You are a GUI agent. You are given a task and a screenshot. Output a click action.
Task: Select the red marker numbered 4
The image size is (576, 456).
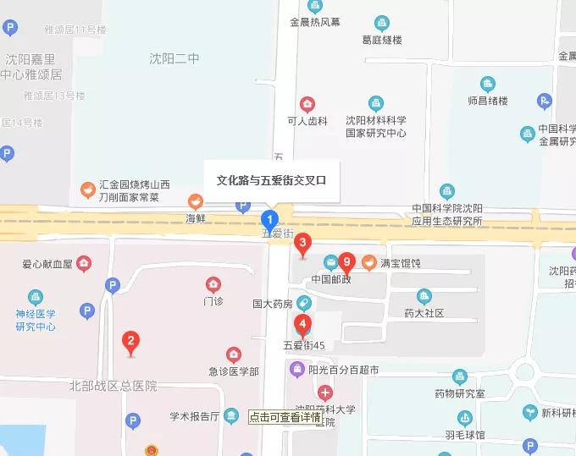[x=302, y=323]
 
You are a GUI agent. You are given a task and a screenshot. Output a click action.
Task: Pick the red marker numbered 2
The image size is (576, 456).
[x=130, y=342]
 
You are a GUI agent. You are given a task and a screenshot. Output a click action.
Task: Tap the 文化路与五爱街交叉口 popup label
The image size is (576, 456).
[x=271, y=180]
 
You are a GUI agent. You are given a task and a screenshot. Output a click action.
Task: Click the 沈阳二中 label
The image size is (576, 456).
[x=174, y=58]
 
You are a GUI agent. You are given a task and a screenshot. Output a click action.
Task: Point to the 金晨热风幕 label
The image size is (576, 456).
[x=315, y=23]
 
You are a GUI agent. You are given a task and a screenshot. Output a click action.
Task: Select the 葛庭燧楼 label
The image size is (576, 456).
[x=382, y=40]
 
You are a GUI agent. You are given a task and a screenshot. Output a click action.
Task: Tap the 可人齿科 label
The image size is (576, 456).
[x=307, y=121]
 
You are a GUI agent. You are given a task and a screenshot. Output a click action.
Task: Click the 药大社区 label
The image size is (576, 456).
[x=424, y=313]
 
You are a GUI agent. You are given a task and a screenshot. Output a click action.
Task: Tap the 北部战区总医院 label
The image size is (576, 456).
[x=114, y=386]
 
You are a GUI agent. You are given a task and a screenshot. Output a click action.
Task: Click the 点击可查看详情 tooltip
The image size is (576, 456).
[x=285, y=417]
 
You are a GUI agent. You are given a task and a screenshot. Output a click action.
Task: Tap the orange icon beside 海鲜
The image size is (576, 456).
[x=196, y=201]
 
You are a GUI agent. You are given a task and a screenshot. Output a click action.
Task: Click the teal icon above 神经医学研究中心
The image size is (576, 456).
[x=36, y=297]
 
